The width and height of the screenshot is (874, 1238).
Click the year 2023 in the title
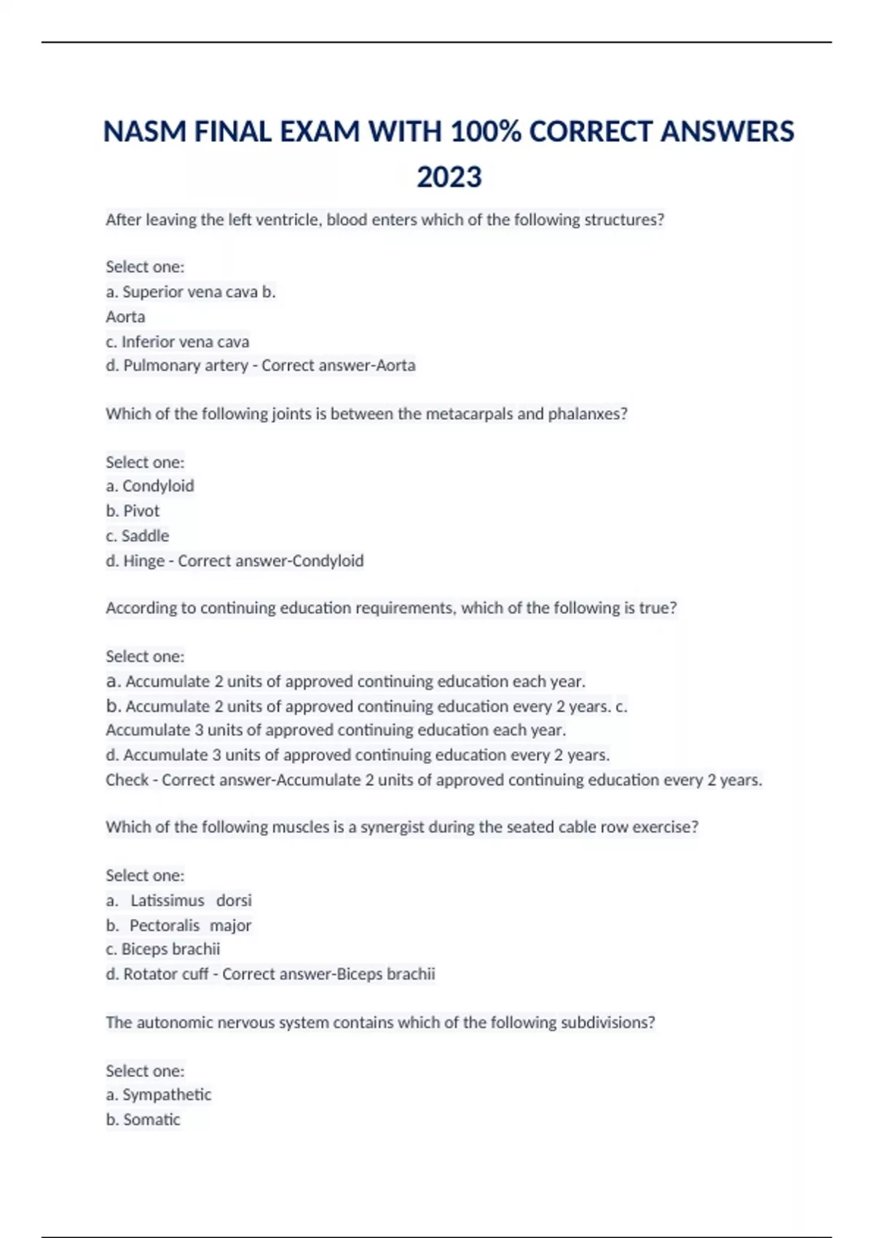click(x=449, y=177)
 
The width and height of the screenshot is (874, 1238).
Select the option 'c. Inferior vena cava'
click(x=178, y=342)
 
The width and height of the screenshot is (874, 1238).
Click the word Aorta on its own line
click(x=125, y=317)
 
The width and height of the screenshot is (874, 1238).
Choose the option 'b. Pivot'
click(x=133, y=511)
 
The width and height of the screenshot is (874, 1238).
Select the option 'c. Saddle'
click(x=138, y=536)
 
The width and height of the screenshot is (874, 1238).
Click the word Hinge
click(x=143, y=561)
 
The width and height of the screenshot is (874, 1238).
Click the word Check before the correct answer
click(x=127, y=780)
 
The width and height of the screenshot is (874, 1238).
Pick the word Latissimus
click(x=168, y=901)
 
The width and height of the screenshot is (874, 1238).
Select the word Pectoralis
click(x=165, y=926)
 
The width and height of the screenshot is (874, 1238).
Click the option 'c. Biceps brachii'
click(x=163, y=949)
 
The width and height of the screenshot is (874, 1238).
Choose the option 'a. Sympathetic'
click(x=159, y=1095)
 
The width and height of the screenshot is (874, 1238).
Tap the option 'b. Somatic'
click(x=143, y=1119)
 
